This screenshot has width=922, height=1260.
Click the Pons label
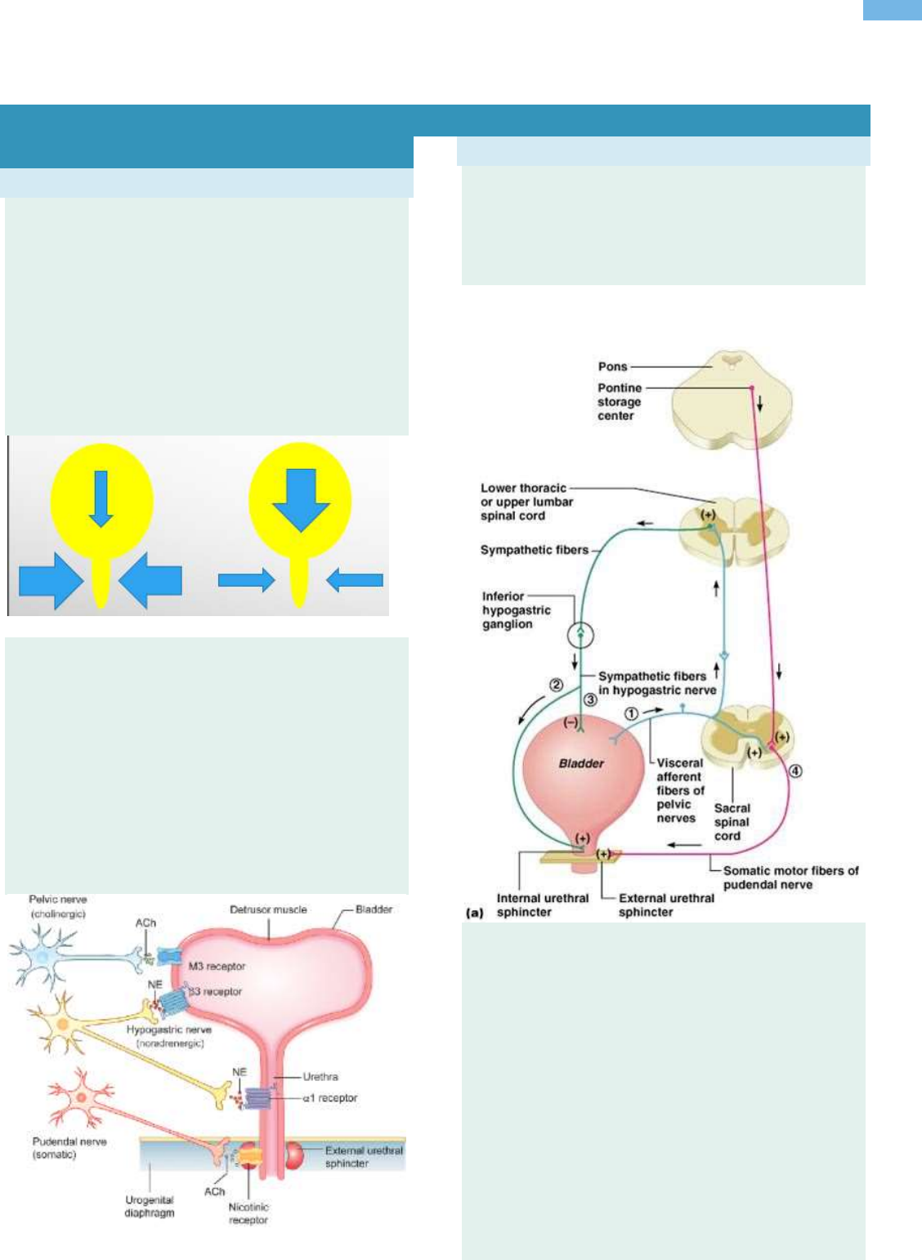[x=612, y=367]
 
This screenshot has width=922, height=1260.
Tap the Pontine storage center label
[x=619, y=402]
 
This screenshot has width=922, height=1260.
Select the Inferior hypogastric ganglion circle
[x=580, y=634]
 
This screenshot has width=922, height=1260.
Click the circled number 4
[x=795, y=771]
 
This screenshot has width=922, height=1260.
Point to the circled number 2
[x=556, y=685]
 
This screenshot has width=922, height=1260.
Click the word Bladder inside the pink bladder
[x=581, y=763]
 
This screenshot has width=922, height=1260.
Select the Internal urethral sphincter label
[x=542, y=905]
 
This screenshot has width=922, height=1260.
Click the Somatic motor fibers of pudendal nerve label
[x=790, y=877]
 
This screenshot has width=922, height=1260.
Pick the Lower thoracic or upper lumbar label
[x=526, y=502]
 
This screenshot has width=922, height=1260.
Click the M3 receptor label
[x=217, y=967]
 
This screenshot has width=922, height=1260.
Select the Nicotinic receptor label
[x=248, y=1213]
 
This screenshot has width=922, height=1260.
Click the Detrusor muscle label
[x=268, y=909]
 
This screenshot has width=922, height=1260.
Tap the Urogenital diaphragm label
[x=149, y=1206]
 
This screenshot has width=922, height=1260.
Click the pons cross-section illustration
[x=732, y=400]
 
